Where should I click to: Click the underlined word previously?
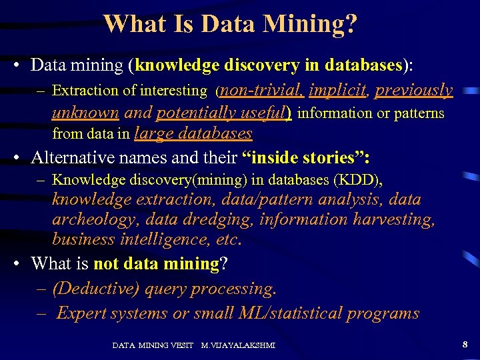tap(414, 90)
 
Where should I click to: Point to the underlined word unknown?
tap(85, 113)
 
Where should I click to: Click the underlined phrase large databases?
tap(193, 133)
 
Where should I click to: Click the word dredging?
tap(223, 219)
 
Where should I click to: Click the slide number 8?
tap(465, 344)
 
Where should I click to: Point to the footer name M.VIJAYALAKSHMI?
tap(238, 345)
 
